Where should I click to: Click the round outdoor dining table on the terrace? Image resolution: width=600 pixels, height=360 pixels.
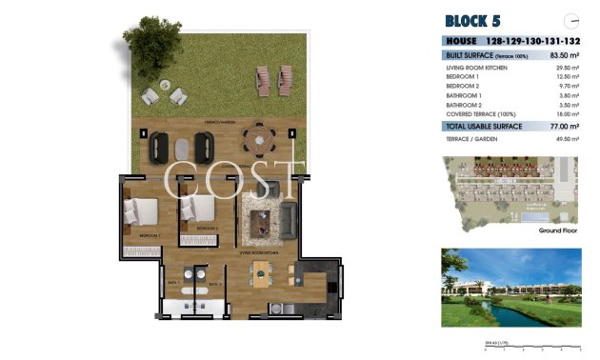click(256, 144)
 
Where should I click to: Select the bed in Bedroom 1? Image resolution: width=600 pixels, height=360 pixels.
click(142, 210)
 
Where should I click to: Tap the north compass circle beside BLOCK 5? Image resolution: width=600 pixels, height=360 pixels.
click(571, 19)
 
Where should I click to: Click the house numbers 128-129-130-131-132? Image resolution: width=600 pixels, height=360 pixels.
click(534, 42)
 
